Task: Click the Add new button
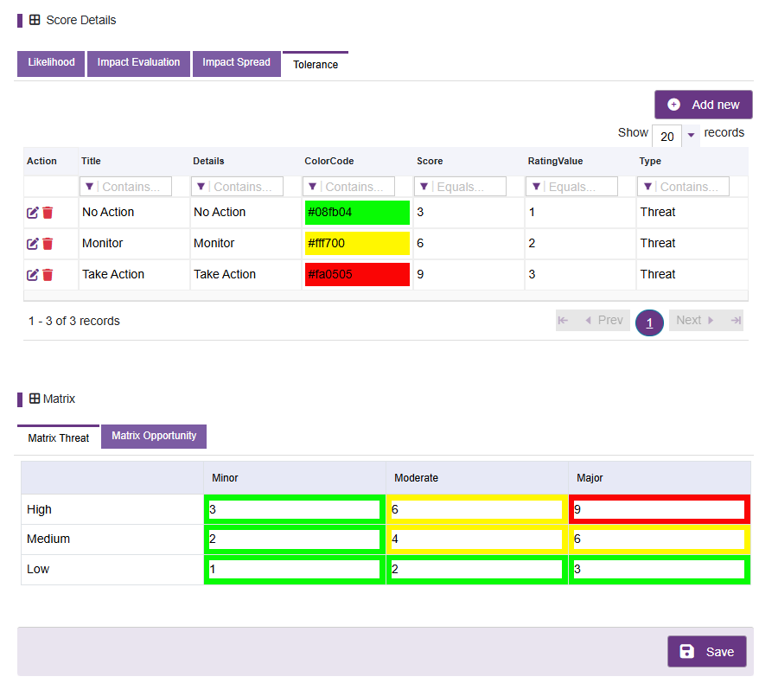pos(704,105)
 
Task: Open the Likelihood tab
pos(51,63)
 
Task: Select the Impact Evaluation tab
pos(138,63)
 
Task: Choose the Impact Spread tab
pos(236,63)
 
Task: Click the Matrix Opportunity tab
pos(154,436)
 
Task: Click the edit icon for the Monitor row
pos(33,244)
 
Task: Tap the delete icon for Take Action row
pos(48,274)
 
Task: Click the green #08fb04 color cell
pos(357,213)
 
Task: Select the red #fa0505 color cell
pos(357,274)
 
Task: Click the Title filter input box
pos(125,187)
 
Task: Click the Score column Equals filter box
pos(460,187)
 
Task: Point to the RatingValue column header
pos(555,161)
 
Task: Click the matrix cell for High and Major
pos(660,509)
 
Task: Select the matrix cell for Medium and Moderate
pos(477,539)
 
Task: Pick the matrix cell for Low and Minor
pos(294,569)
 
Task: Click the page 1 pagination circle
pos(649,322)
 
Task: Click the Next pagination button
pos(695,321)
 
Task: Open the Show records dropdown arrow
pos(692,135)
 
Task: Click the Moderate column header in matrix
pos(416,478)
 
